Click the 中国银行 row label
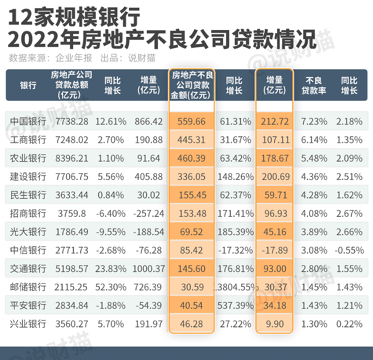point(28,122)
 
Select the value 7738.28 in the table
point(72,122)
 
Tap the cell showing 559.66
point(191,122)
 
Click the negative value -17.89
point(274,250)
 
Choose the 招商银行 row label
point(28,213)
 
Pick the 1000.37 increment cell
point(149,269)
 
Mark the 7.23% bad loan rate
point(314,122)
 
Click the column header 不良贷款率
point(314,85)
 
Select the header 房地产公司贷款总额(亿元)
point(72,85)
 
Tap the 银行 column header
point(28,85)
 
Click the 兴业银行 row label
point(28,324)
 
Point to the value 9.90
point(274,324)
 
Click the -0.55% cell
point(349,250)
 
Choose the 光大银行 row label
point(28,232)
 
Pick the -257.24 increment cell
point(149,213)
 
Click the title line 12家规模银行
point(74,17)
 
